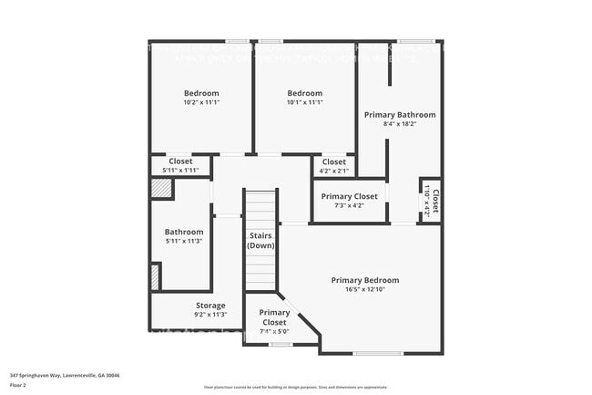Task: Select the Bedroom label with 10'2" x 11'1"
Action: click(201, 93)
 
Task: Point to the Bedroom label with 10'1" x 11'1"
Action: click(304, 93)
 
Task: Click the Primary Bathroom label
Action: click(400, 115)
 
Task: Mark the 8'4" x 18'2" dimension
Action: click(400, 125)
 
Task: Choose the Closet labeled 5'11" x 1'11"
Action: click(180, 161)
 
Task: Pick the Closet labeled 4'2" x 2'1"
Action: click(334, 161)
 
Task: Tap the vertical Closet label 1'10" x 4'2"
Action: click(435, 200)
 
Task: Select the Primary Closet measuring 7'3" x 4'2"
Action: click(349, 196)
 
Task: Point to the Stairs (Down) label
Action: click(261, 241)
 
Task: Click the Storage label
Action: click(210, 306)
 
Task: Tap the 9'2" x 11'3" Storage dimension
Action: click(210, 315)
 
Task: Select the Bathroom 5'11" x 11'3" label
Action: click(183, 232)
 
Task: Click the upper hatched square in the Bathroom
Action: click(161, 188)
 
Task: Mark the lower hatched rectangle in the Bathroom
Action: click(156, 276)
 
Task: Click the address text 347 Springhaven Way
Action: click(65, 375)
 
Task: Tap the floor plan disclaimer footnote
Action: click(295, 388)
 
